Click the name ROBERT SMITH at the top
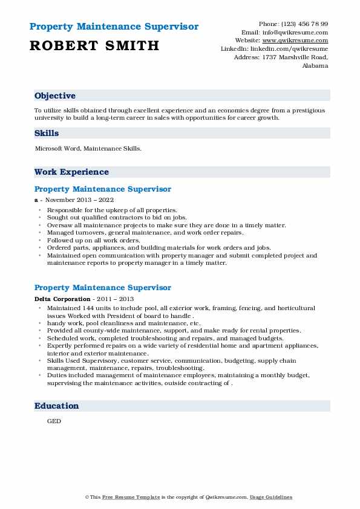(x=94, y=45)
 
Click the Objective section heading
(x=55, y=96)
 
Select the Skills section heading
(x=47, y=133)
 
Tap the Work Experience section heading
(x=71, y=172)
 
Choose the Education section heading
(x=57, y=406)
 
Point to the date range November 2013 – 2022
(x=79, y=199)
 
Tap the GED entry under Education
(x=54, y=421)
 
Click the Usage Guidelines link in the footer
(x=272, y=497)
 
